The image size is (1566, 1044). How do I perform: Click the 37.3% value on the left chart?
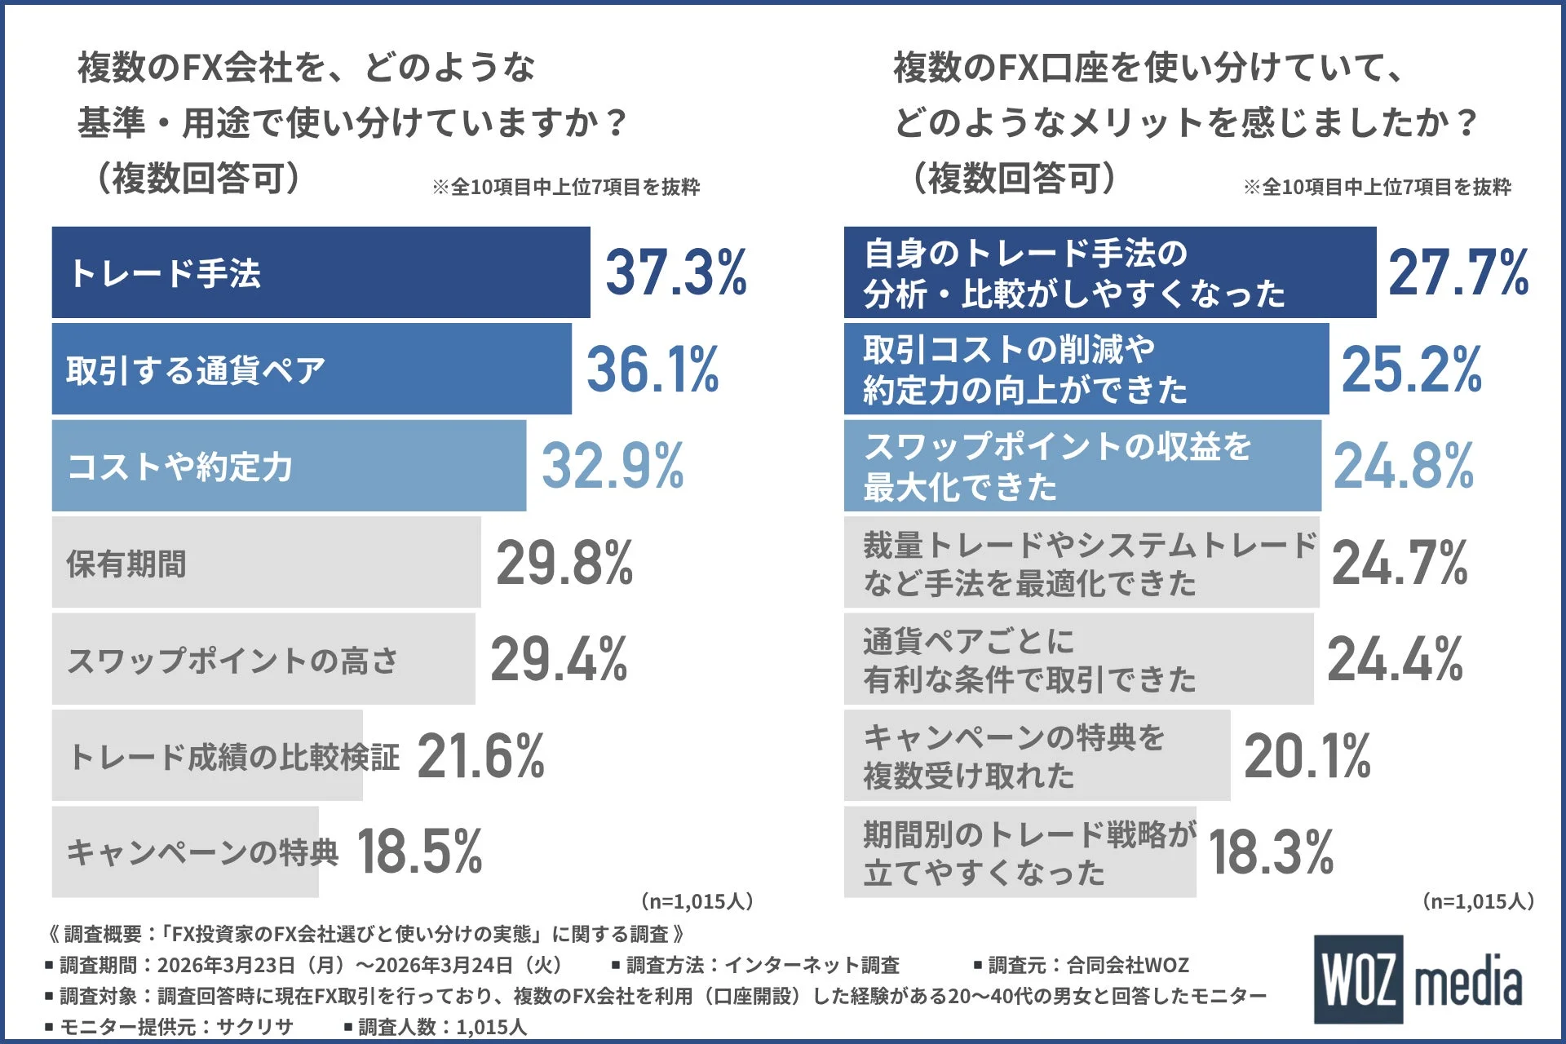pyautogui.click(x=675, y=272)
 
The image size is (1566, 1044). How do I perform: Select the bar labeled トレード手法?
pyautogui.click(x=320, y=272)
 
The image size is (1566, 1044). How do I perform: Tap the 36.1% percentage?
pyautogui.click(x=652, y=369)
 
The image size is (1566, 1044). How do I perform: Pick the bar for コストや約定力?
pyautogui.click(x=289, y=466)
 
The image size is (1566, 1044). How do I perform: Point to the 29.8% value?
pyautogui.click(x=564, y=563)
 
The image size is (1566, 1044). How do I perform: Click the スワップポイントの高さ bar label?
pyautogui.click(x=232, y=660)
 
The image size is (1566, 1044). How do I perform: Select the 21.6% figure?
pyautogui.click(x=480, y=756)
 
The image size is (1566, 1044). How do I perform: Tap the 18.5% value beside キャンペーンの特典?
pyautogui.click(x=419, y=852)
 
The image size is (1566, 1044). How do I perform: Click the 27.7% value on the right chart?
pyautogui.click(x=1458, y=272)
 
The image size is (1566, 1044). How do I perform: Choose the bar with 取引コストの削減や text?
pyautogui.click(x=1085, y=369)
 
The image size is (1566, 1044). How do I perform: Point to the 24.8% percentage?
pyautogui.click(x=1403, y=466)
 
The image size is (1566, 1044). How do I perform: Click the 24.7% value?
pyautogui.click(x=1400, y=563)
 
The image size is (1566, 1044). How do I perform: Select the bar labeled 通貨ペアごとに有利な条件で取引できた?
pyautogui.click(x=1078, y=660)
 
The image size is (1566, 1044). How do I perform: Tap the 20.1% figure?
pyautogui.click(x=1307, y=756)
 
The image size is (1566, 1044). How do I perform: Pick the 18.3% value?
pyautogui.click(x=1271, y=852)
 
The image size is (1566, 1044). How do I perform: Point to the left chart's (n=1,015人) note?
pyautogui.click(x=697, y=901)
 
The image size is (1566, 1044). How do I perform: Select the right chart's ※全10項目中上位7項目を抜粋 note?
pyautogui.click(x=1377, y=188)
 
